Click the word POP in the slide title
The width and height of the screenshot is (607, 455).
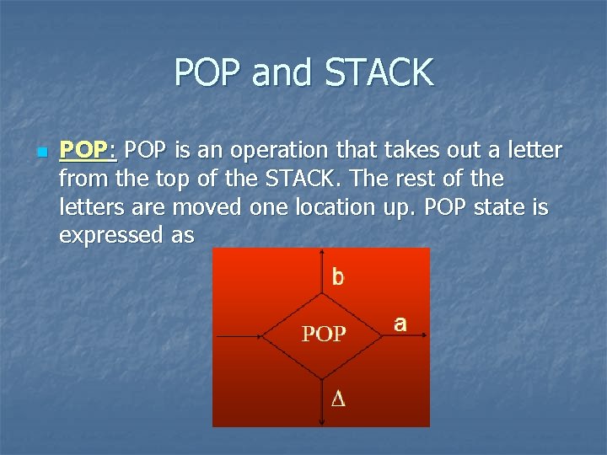[209, 72]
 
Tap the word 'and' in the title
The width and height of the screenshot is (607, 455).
[279, 72]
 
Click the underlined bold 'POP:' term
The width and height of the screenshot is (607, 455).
[87, 151]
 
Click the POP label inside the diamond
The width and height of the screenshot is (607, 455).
[324, 335]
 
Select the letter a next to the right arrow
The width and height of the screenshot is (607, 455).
[400, 323]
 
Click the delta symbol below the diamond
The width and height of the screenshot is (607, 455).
[337, 399]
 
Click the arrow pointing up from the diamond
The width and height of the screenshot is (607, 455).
[324, 271]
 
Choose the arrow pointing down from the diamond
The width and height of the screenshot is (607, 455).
[324, 398]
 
